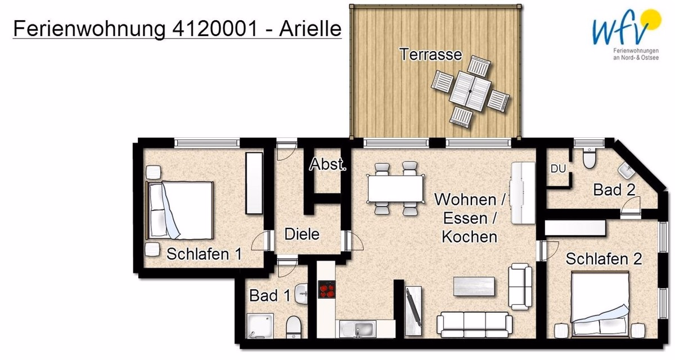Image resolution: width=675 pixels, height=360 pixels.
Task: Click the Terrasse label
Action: (430, 55)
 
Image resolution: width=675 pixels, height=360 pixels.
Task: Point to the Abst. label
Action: (328, 165)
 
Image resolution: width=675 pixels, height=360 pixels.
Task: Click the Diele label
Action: (301, 233)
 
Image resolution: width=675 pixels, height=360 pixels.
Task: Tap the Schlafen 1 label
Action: (204, 254)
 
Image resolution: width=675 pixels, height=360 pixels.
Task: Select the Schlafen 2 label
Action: (604, 259)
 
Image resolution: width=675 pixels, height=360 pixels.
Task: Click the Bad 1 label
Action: (270, 295)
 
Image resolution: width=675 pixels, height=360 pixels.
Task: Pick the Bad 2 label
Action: (615, 190)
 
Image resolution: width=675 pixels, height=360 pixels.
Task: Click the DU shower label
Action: (558, 168)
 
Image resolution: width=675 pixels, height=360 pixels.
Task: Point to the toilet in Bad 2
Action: (589, 159)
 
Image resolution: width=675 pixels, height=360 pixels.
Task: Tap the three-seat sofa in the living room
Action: (475, 324)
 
